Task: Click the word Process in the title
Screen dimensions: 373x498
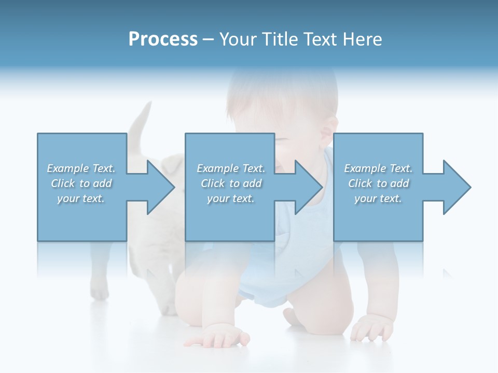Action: tap(163, 39)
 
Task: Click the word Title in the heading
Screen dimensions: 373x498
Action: tap(279, 39)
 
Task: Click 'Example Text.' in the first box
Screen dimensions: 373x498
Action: tap(81, 168)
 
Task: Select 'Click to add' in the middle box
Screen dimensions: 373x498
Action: tap(231, 183)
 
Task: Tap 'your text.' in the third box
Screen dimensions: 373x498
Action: tap(378, 198)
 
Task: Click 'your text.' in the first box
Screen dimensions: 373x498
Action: tap(81, 198)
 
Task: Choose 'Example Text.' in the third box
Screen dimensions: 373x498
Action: tap(378, 168)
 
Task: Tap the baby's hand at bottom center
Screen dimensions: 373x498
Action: tap(218, 338)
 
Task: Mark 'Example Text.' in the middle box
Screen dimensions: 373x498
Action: tap(231, 168)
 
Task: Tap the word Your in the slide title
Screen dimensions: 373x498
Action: tap(238, 39)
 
